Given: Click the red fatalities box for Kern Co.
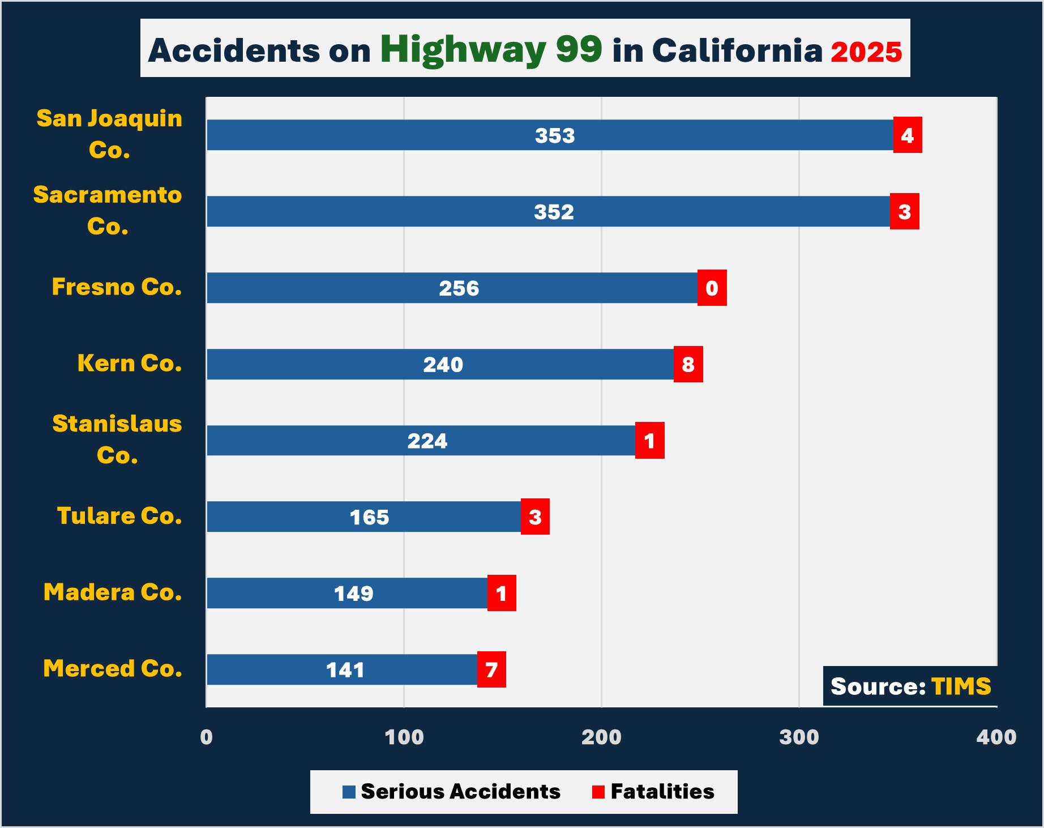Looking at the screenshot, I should click(x=688, y=364).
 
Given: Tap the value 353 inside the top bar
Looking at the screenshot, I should click(x=554, y=135).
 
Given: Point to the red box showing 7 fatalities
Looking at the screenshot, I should click(x=491, y=669).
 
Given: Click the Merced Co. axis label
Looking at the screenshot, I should click(x=113, y=668).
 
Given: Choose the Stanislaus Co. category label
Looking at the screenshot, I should click(x=117, y=439).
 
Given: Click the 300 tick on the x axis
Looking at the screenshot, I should click(x=798, y=737).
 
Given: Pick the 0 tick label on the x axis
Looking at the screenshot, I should click(x=207, y=737).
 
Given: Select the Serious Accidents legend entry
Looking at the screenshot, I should click(x=451, y=791).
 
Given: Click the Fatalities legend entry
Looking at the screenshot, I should click(x=653, y=791).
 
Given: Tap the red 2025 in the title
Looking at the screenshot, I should click(x=866, y=52).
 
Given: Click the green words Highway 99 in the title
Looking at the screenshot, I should click(x=491, y=50).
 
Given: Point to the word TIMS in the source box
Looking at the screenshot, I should click(x=961, y=686).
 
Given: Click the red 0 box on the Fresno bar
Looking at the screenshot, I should click(x=712, y=288).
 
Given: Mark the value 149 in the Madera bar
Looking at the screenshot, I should click(x=353, y=593).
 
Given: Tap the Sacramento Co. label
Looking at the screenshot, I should click(x=108, y=210).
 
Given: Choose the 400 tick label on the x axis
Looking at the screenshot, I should click(x=996, y=737).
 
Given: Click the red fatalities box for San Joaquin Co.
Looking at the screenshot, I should click(x=907, y=135).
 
